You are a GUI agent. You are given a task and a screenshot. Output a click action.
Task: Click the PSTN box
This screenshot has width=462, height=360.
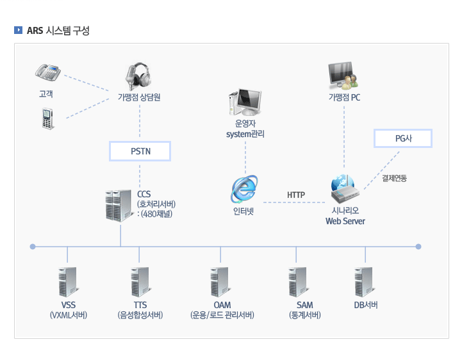click(x=140, y=151)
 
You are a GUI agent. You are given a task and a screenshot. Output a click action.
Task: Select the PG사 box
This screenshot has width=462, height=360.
click(x=403, y=138)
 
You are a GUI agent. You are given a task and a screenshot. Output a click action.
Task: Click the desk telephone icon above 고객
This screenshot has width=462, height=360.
click(x=47, y=72)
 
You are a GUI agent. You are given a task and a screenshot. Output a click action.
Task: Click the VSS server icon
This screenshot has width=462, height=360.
click(x=67, y=281)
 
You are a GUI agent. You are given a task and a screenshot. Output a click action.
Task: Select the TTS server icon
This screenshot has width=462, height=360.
click(x=140, y=281)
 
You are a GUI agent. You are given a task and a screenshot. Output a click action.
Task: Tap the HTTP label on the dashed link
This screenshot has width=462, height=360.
click(x=296, y=195)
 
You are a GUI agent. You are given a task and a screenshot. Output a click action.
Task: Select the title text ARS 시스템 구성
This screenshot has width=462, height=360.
click(x=58, y=29)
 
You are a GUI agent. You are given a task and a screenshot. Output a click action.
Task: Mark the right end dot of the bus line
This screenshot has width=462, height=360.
click(x=418, y=246)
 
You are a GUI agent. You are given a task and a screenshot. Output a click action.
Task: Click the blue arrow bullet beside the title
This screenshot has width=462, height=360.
click(x=18, y=29)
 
